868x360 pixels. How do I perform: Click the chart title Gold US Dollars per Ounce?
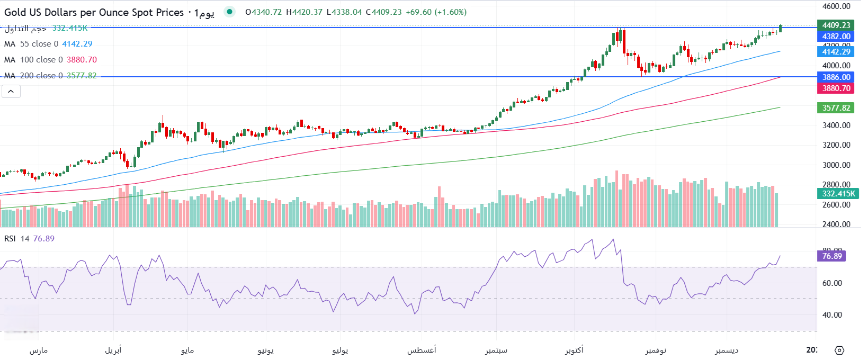point(94,12)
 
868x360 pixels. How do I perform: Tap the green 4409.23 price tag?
point(836,25)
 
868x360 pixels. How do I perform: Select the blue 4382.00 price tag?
point(836,37)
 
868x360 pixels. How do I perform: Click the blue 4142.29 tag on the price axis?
point(836,51)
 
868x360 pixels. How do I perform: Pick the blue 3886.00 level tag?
point(836,77)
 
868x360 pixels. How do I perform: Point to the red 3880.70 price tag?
point(836,88)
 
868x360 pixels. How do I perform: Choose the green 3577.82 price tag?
point(836,108)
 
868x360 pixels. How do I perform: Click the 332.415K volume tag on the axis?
point(838,194)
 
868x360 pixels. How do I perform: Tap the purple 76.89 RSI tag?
point(831,256)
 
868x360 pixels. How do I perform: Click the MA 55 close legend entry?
point(48,44)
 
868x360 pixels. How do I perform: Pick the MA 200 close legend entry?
point(50,76)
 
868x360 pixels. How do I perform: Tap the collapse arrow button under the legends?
point(11,92)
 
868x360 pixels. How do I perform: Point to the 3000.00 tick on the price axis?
point(836,165)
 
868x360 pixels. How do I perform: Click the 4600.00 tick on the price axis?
point(836,6)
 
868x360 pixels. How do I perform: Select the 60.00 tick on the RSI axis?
point(831,283)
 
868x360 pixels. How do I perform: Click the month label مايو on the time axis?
point(187,350)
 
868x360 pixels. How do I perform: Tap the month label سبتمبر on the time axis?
point(496,350)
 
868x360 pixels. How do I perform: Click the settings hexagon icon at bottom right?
point(839,350)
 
